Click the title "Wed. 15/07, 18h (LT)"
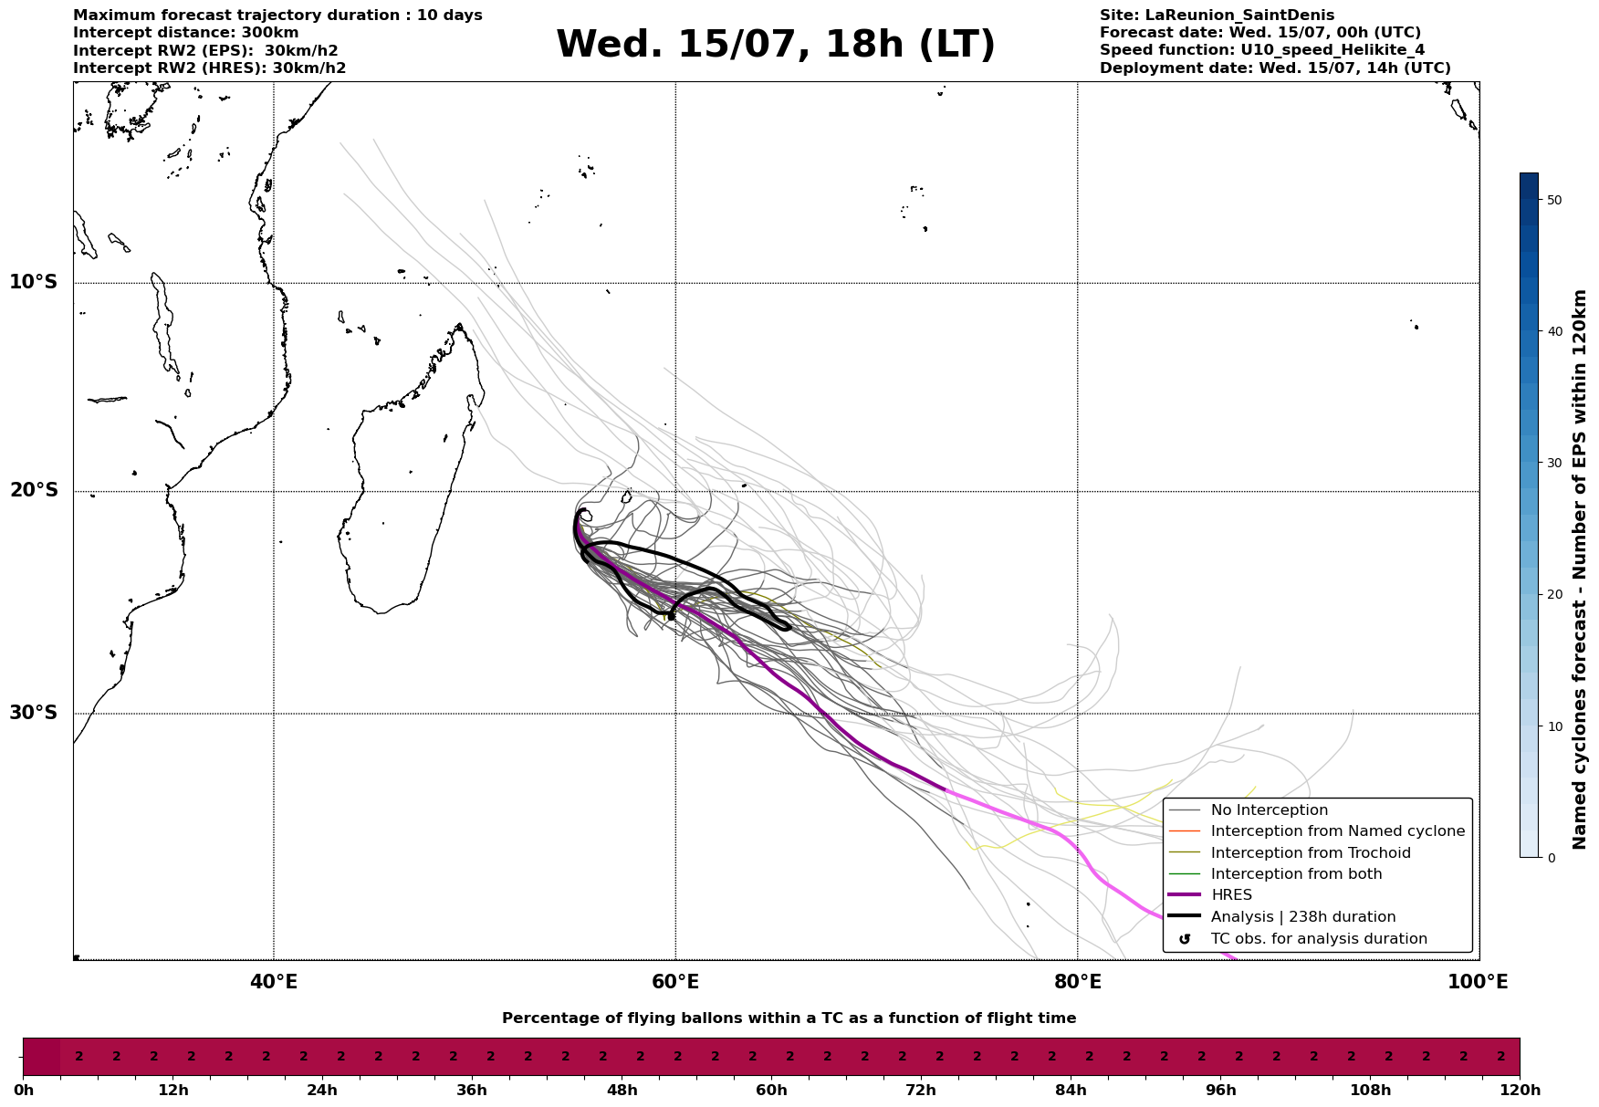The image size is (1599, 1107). click(776, 45)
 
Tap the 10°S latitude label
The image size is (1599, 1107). click(33, 282)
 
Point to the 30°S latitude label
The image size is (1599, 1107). click(33, 713)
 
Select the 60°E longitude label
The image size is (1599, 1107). click(675, 982)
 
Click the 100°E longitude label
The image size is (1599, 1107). click(1479, 982)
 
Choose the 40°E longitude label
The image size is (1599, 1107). click(274, 982)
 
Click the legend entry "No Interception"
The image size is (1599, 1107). click(1270, 810)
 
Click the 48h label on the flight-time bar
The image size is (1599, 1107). click(622, 1091)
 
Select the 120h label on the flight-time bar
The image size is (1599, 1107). click(1520, 1091)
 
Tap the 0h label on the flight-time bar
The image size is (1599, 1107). click(23, 1091)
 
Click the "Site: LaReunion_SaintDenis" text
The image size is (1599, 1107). click(1217, 16)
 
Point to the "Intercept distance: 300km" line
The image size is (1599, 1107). click(185, 33)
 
